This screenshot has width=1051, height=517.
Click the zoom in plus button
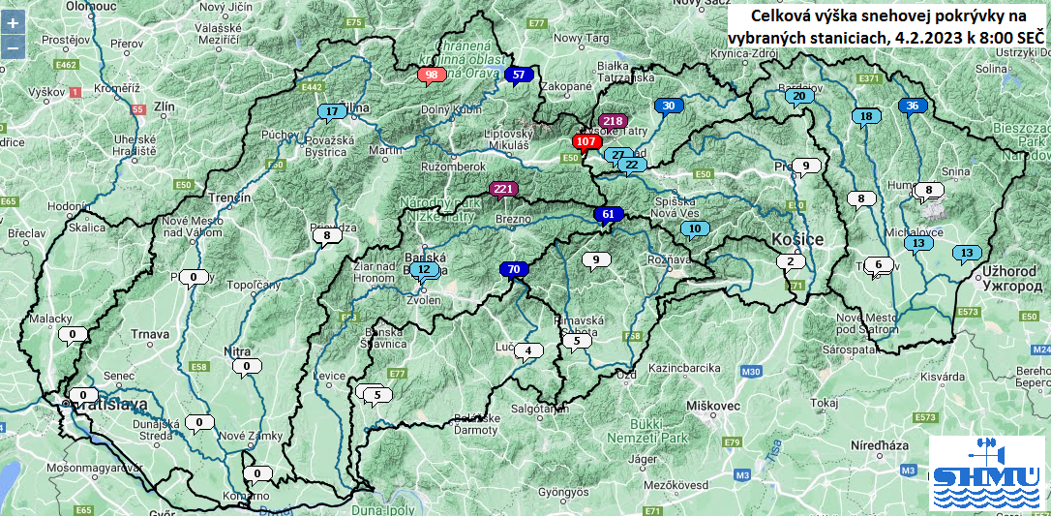(x=13, y=22)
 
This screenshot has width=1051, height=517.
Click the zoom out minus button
(x=13, y=46)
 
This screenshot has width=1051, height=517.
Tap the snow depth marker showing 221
(x=503, y=189)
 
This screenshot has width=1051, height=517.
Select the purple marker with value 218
(x=613, y=121)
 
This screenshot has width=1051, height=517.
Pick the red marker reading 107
(x=586, y=141)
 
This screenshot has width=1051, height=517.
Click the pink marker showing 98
(x=432, y=75)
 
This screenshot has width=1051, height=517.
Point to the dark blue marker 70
(x=513, y=269)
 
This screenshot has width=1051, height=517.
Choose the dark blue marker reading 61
(x=608, y=214)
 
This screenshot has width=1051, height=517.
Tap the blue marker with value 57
(x=520, y=75)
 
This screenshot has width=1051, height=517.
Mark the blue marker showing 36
(x=913, y=106)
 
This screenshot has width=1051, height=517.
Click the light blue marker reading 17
(x=332, y=111)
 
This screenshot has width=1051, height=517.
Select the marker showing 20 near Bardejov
(x=799, y=97)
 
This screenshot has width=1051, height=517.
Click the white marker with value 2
(x=791, y=261)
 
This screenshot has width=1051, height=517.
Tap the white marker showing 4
(x=528, y=350)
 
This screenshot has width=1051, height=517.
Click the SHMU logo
(x=985, y=472)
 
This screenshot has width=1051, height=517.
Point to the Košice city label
(x=797, y=239)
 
